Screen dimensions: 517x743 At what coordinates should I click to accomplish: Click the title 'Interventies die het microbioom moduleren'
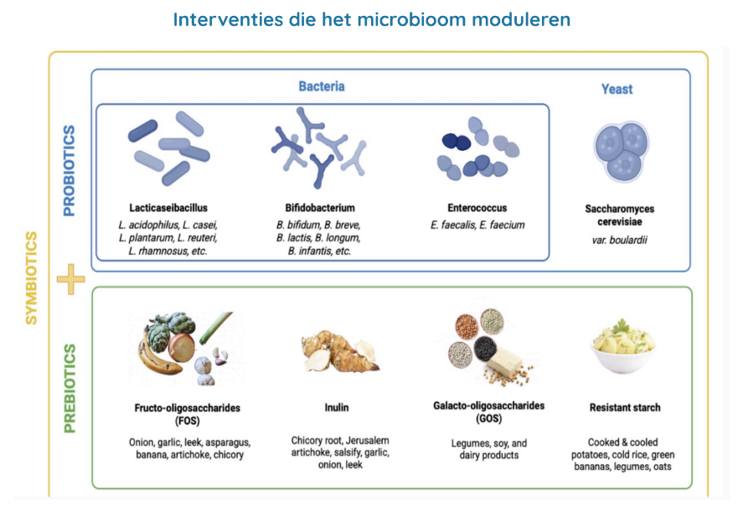pos(371,19)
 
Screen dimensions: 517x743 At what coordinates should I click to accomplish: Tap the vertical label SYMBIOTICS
pos(31,277)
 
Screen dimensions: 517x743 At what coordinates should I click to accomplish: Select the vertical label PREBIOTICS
pos(70,387)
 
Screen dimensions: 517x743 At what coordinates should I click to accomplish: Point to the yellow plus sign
pos(70,278)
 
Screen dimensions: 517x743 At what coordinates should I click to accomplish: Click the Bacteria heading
pos(322,86)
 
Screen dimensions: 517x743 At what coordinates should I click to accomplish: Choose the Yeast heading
pos(617,89)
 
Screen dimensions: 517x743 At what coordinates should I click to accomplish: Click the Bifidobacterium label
pos(320,207)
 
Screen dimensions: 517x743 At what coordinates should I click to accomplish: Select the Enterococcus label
pos(477,208)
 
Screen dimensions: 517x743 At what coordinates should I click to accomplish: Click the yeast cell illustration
pos(621,152)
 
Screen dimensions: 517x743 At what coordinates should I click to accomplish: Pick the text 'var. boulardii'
pos(621,240)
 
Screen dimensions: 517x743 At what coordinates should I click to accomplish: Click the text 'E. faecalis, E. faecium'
pos(477,225)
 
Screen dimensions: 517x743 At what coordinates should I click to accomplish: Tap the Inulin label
pos(337,408)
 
